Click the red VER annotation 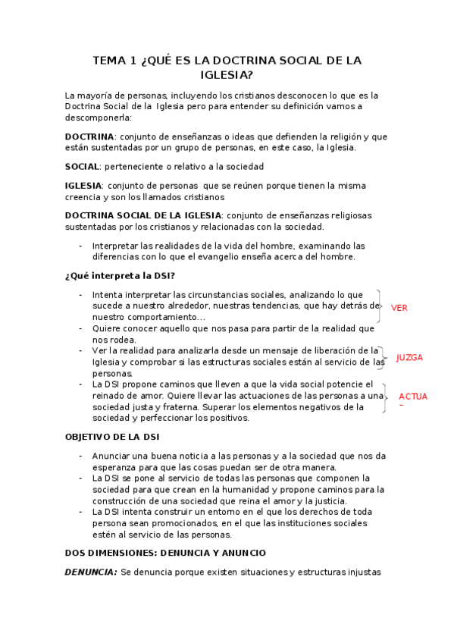(x=399, y=308)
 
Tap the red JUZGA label (x=409, y=357)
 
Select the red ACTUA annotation (x=413, y=397)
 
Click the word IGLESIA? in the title (x=227, y=75)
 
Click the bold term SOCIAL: (x=83, y=166)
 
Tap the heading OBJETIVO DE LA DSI (x=111, y=438)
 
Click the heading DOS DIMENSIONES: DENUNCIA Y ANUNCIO (x=165, y=554)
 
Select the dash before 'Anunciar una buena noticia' (x=81, y=456)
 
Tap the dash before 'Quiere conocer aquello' (x=81, y=328)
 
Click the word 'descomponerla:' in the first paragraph (x=99, y=118)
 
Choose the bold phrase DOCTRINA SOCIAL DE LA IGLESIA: (x=144, y=215)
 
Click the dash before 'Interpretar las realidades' (x=81, y=246)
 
